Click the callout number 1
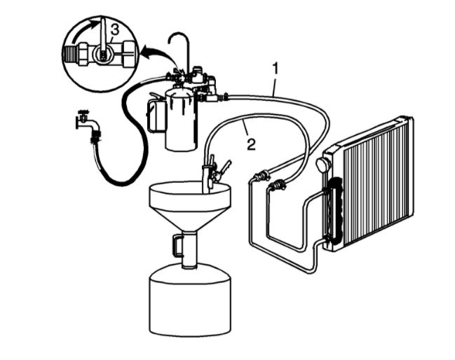coord(276,68)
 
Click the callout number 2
coord(250,145)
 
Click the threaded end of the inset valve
coord(73,53)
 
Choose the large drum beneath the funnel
coord(190,301)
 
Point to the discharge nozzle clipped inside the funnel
coord(208,176)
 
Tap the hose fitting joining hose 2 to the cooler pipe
coord(279,185)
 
